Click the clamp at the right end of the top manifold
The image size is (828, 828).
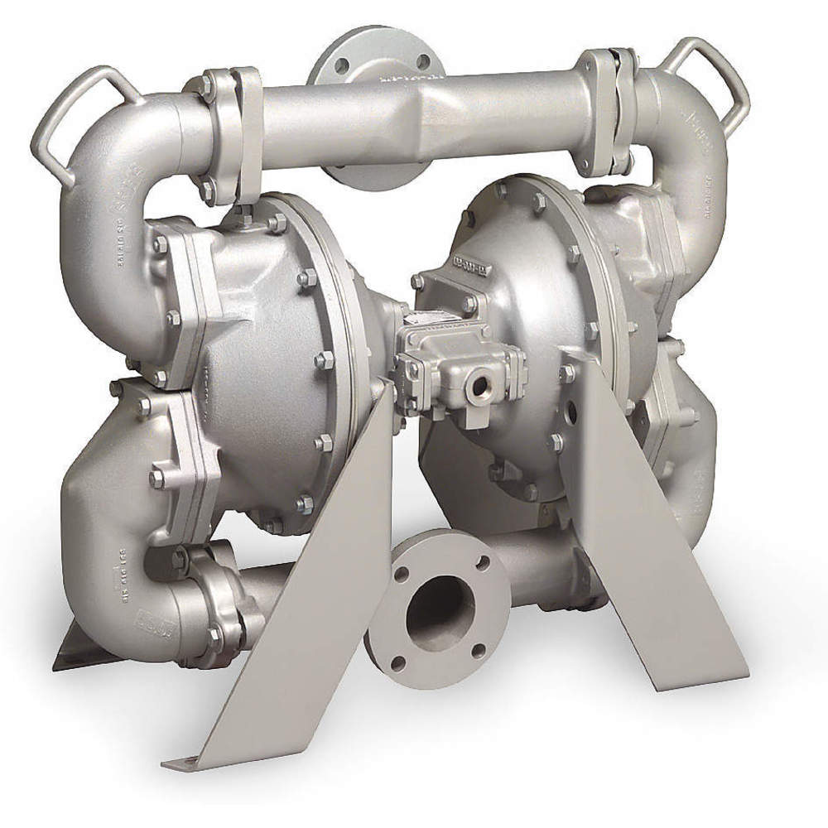tap(609, 116)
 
